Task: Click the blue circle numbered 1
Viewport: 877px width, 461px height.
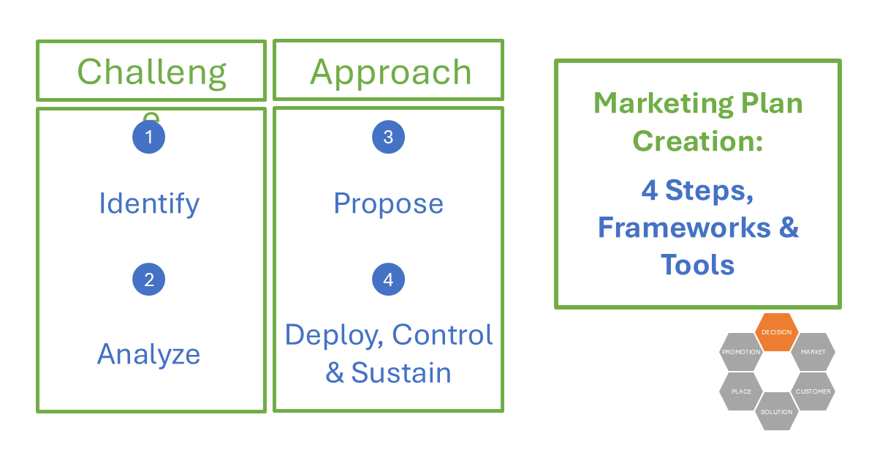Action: tap(149, 137)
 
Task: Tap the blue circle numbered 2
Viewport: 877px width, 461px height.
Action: tap(149, 280)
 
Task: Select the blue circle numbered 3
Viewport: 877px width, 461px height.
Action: tap(388, 137)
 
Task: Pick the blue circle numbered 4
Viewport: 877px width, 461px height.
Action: tap(388, 280)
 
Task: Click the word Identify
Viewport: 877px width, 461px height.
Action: tap(149, 203)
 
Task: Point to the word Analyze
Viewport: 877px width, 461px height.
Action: tap(149, 354)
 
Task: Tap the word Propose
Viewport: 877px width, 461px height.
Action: tap(388, 203)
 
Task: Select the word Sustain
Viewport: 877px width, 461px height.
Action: tap(400, 372)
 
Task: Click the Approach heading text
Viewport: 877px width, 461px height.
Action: tap(390, 72)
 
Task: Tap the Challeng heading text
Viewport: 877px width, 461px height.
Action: tap(152, 72)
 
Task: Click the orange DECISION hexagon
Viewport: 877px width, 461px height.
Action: tap(776, 332)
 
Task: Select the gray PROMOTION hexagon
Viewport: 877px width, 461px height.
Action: tap(741, 352)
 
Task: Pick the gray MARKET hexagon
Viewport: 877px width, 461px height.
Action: tap(813, 352)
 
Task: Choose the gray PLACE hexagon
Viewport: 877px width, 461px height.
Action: tap(741, 391)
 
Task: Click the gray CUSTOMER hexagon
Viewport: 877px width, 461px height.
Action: tap(813, 391)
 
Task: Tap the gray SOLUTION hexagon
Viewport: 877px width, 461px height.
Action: tap(776, 411)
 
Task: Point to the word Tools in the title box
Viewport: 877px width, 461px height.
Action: tap(697, 264)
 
